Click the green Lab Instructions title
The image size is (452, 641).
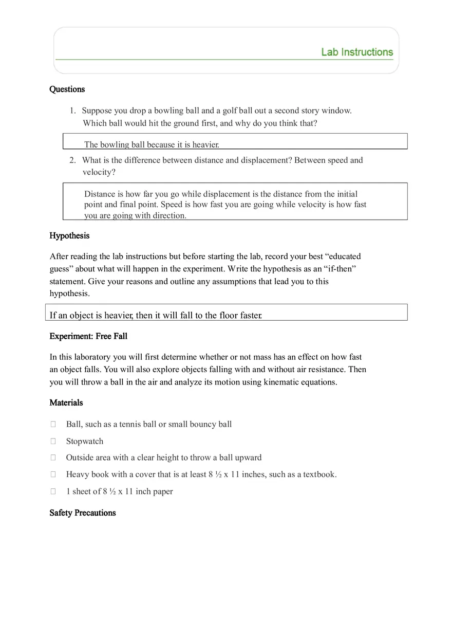[356, 52]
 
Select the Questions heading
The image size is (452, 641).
[67, 89]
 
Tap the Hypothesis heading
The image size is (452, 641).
[69, 235]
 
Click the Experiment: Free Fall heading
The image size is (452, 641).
[88, 336]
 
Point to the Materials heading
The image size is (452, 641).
[66, 402]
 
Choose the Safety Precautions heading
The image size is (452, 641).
[82, 512]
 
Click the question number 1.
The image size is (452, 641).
[72, 111]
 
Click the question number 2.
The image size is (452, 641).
[72, 160]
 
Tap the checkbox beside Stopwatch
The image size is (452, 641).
[53, 441]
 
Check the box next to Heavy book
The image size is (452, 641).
[53, 474]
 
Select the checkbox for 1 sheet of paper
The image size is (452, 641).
[53, 491]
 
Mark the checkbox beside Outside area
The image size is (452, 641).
[53, 457]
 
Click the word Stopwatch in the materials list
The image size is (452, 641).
[84, 441]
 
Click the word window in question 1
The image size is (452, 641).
[336, 111]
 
